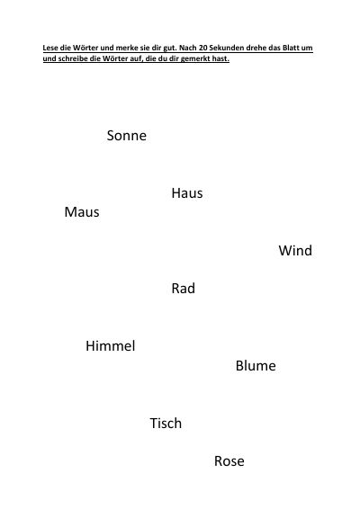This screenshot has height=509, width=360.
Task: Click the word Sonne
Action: (126, 136)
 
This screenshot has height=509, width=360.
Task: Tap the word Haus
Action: (187, 193)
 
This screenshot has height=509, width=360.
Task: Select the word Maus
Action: (82, 212)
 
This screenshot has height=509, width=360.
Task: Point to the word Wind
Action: (295, 251)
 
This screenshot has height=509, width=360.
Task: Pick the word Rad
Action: (184, 289)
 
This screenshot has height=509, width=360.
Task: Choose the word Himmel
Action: (111, 345)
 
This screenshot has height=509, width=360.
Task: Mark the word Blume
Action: (256, 366)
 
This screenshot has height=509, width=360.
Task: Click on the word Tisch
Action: (166, 424)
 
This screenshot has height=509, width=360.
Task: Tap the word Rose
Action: (229, 461)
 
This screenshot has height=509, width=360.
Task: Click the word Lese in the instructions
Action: (50, 48)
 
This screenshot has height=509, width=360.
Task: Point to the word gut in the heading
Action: (170, 48)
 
